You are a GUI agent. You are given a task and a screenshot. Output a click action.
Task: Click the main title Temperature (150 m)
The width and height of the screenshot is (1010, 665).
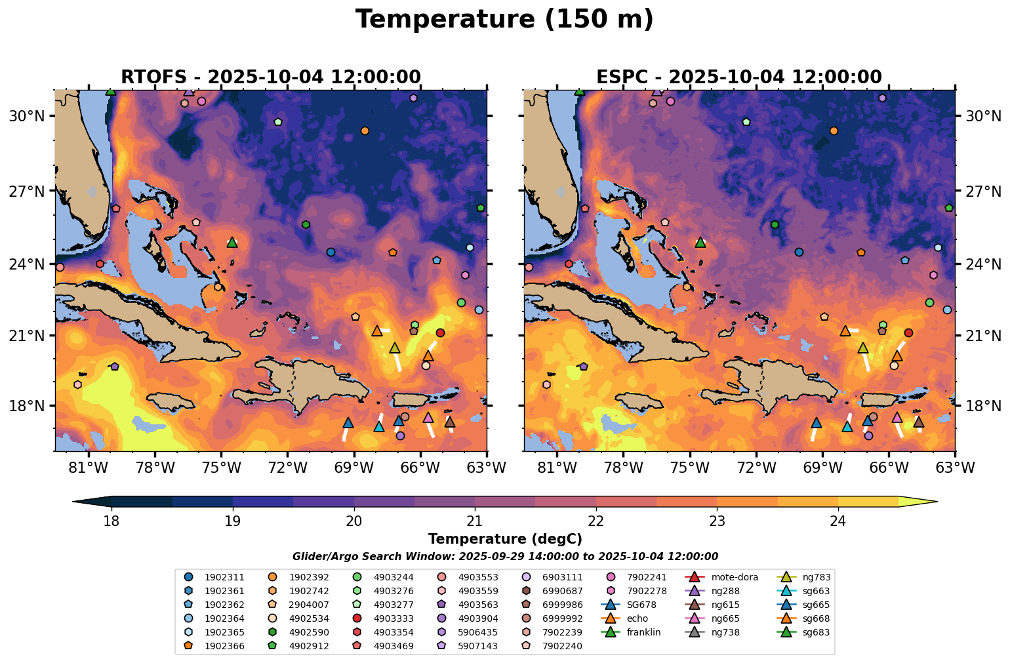click(x=504, y=20)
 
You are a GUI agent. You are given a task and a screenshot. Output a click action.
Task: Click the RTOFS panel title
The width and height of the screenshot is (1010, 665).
click(x=270, y=77)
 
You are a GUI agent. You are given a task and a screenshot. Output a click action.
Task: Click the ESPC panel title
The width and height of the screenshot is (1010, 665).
click(x=738, y=77)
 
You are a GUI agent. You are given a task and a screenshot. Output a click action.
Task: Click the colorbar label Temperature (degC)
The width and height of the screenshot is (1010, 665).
click(x=505, y=539)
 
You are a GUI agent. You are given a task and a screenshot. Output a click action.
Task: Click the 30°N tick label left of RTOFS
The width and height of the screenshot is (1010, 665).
click(x=26, y=117)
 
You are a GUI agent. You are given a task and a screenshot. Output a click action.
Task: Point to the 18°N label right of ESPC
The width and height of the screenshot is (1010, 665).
click(x=982, y=406)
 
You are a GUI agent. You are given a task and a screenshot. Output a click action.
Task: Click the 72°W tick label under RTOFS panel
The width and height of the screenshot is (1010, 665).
click(x=288, y=468)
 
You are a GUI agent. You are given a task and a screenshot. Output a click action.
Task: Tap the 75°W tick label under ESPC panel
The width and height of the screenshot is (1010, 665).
click(x=690, y=468)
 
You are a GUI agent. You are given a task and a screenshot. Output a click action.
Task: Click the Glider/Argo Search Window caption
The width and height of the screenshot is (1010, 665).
click(x=505, y=557)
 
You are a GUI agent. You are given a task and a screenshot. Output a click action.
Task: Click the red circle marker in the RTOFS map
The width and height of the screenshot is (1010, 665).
click(x=440, y=333)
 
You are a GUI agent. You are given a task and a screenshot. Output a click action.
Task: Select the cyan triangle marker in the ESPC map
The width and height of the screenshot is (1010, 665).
click(x=847, y=427)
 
